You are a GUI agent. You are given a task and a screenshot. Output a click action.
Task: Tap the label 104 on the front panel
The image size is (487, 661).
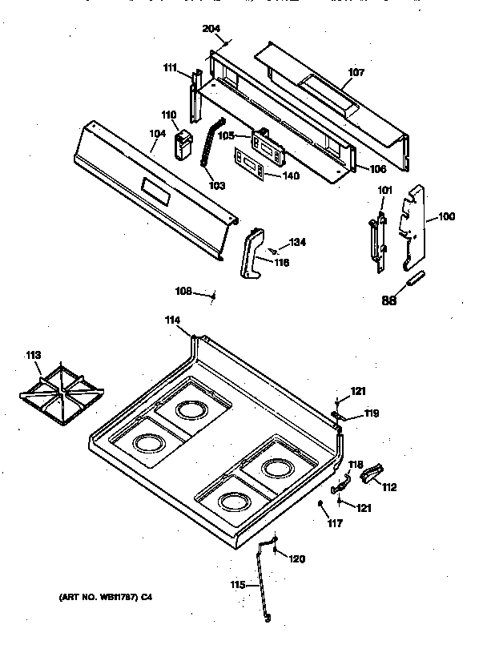click(x=157, y=135)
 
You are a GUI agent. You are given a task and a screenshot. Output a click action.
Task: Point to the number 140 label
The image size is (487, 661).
click(x=291, y=175)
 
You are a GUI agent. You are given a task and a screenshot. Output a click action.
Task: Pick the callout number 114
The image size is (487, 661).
click(x=172, y=320)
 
